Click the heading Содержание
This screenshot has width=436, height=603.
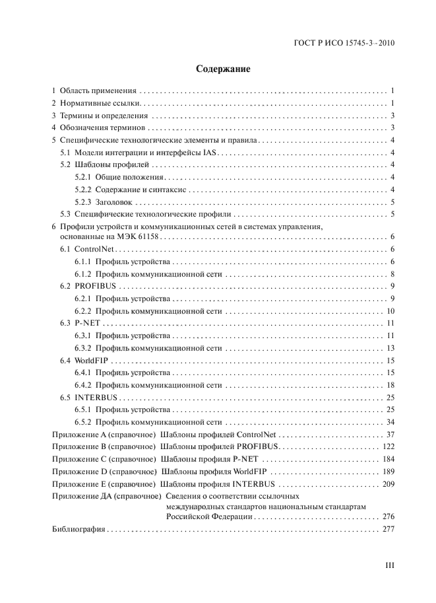coord(218,68)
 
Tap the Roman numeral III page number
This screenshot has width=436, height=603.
coord(389,565)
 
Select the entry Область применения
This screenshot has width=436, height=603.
coord(98,90)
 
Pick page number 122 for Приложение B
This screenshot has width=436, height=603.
coord(387,447)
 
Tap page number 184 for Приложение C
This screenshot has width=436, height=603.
coord(387,459)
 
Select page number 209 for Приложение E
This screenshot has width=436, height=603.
coord(387,484)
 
